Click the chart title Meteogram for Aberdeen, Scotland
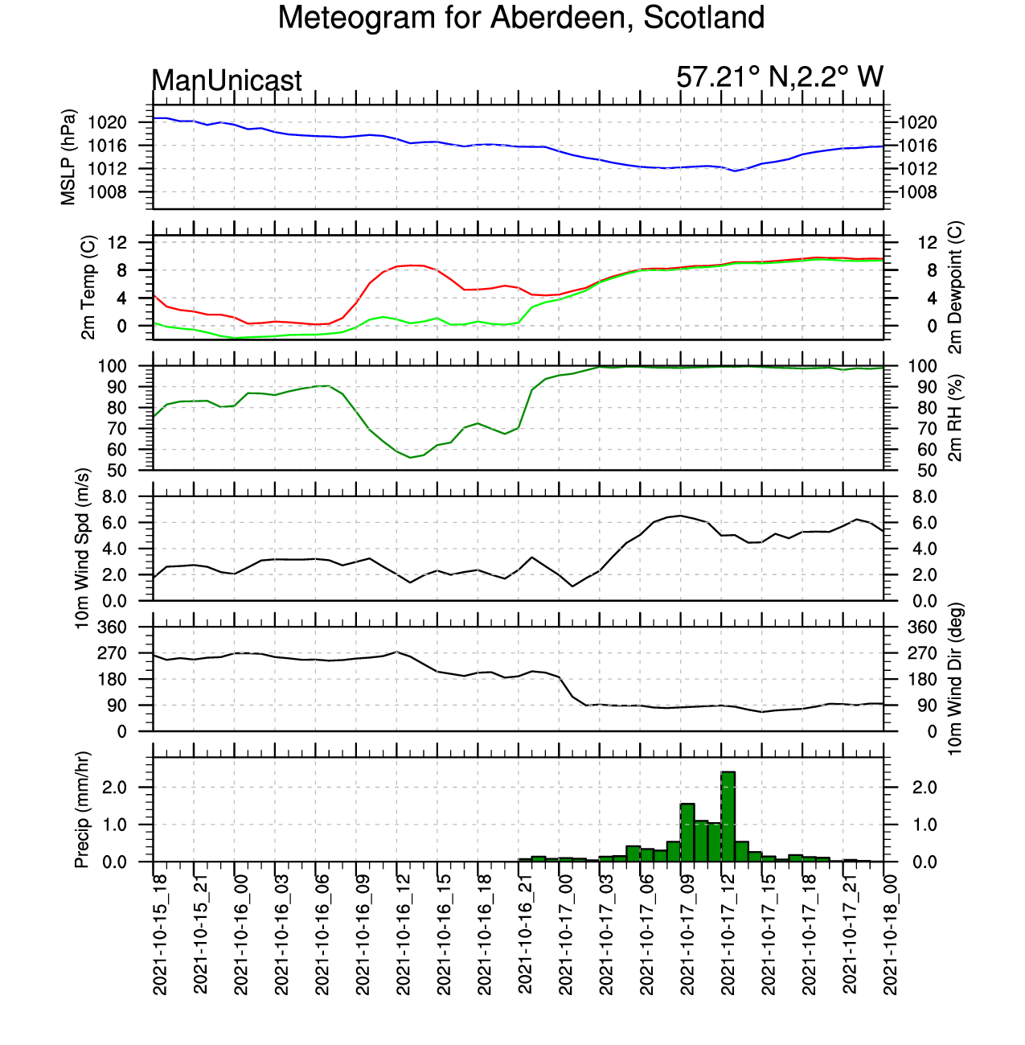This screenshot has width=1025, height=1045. (521, 18)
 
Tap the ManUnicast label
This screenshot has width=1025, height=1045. (227, 80)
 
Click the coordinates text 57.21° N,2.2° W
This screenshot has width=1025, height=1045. (779, 77)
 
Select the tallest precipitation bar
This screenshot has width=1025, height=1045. (728, 816)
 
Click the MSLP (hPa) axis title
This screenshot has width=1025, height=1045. (68, 157)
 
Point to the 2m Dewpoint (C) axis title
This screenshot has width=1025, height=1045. (955, 287)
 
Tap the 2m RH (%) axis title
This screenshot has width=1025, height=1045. (955, 418)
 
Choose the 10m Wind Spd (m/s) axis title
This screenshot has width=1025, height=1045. (82, 549)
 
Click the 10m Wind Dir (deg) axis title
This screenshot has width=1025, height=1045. (955, 679)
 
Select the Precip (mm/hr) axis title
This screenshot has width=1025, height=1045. (82, 810)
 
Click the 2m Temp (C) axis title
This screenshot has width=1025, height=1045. (88, 287)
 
